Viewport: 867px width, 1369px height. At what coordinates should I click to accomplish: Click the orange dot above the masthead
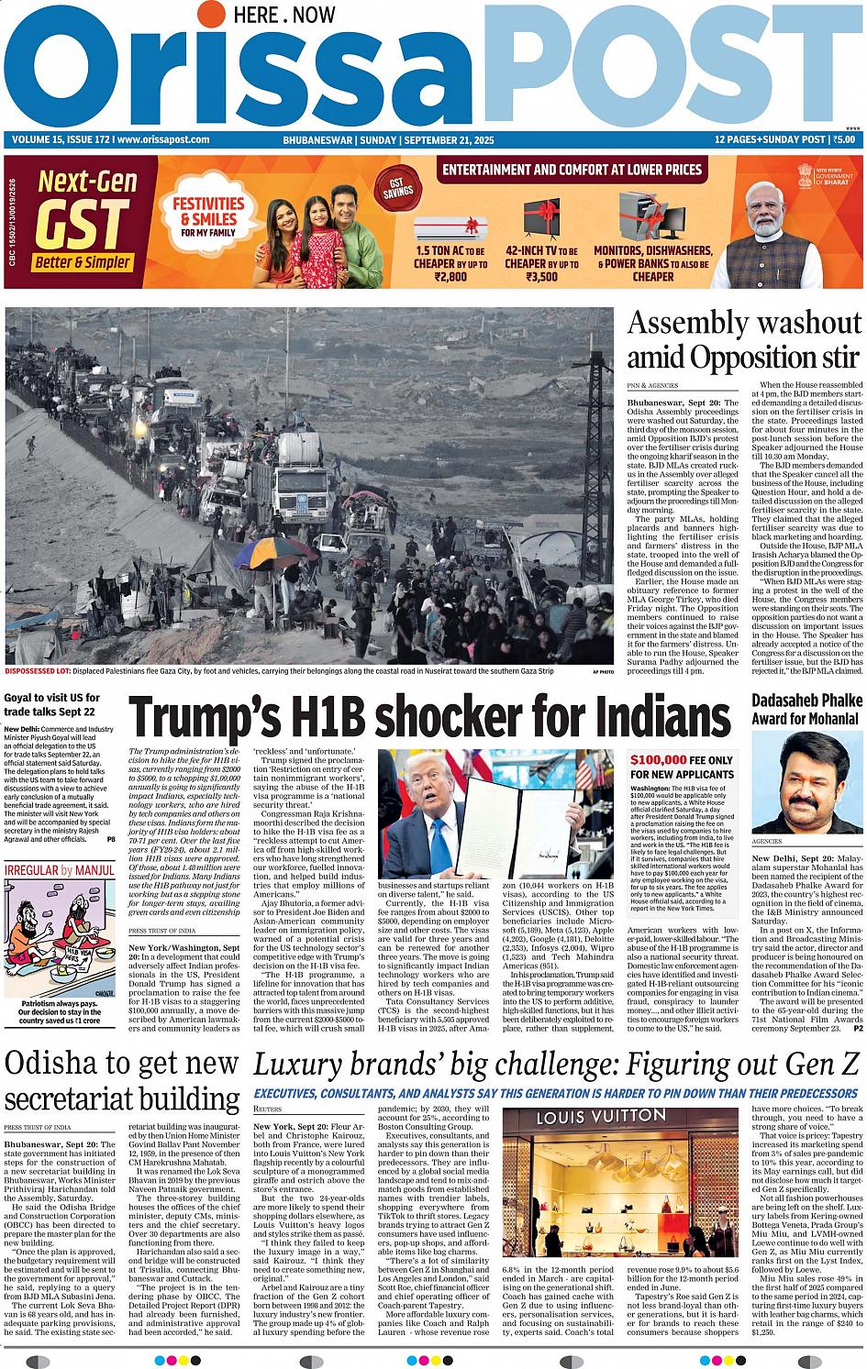click(x=211, y=15)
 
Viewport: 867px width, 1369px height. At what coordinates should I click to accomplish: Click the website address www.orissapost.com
click(x=163, y=140)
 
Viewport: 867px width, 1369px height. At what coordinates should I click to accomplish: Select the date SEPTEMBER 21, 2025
click(x=449, y=140)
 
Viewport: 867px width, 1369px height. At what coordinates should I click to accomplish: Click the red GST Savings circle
click(x=398, y=189)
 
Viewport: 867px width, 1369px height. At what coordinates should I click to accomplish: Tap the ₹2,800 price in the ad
click(x=450, y=276)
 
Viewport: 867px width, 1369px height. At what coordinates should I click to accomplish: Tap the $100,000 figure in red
click(x=658, y=759)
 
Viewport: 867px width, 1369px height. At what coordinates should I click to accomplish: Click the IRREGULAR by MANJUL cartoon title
click(x=60, y=870)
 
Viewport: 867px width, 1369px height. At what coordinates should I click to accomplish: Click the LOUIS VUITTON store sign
click(x=601, y=1118)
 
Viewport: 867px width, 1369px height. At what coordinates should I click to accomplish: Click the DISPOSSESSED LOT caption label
click(x=38, y=671)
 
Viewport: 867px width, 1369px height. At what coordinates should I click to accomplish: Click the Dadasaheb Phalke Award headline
click(x=806, y=710)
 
